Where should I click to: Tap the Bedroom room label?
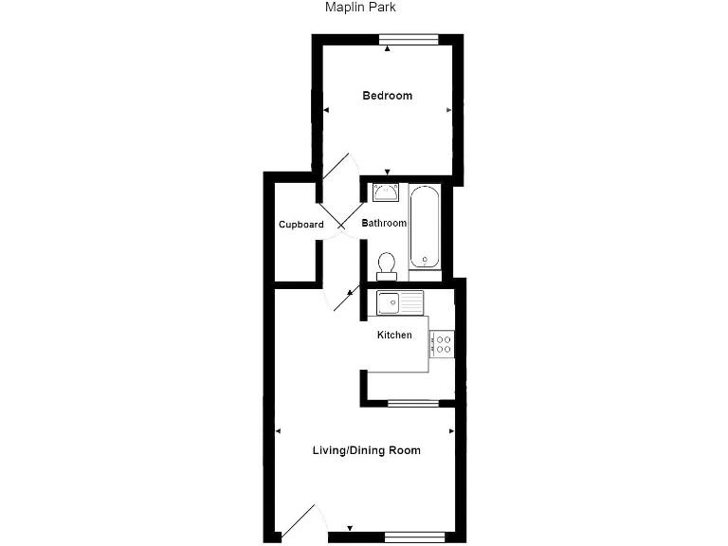click(x=388, y=96)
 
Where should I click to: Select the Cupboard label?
click(x=300, y=225)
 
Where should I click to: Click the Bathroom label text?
click(x=383, y=224)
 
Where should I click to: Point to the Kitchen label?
click(x=394, y=336)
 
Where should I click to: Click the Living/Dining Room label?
click(x=366, y=450)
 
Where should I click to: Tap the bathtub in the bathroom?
click(x=424, y=227)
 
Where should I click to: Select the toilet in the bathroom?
click(x=386, y=264)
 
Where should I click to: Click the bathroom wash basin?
click(x=385, y=193)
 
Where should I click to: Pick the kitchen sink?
click(x=400, y=303)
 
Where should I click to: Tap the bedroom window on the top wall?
click(x=409, y=40)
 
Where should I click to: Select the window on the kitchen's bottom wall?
click(x=413, y=404)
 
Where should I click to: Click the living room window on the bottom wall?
click(x=413, y=537)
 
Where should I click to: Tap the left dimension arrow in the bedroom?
click(x=325, y=111)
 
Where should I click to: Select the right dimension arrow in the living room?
click(x=451, y=431)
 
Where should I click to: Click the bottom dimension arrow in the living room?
click(x=350, y=528)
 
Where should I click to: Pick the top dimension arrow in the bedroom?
click(x=387, y=48)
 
